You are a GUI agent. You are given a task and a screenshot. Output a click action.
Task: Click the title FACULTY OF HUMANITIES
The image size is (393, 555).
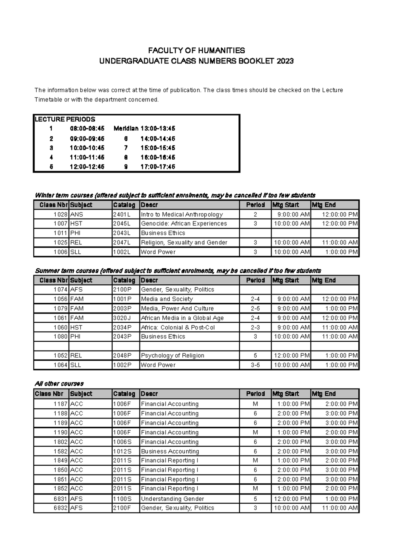point(196,50)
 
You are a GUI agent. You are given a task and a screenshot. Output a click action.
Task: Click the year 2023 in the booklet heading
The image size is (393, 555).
point(285,61)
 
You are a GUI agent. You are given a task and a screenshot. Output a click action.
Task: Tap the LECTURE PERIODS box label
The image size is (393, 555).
point(65,119)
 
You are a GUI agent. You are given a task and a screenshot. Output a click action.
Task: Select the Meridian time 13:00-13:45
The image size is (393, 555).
point(158,129)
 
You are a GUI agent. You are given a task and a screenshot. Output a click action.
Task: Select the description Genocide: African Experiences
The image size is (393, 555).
point(184,224)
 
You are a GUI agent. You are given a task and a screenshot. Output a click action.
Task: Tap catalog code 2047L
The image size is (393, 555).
point(122,242)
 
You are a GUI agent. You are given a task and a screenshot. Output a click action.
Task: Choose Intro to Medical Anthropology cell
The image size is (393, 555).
point(182,215)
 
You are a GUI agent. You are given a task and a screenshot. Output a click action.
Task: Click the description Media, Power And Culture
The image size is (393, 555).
point(177,309)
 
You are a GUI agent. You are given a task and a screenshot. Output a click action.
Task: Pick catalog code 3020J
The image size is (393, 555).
point(122,318)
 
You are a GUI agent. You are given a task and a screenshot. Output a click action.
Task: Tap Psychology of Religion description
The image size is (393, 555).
point(173,356)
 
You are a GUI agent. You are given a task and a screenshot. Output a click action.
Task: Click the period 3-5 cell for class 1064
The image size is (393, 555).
point(255,365)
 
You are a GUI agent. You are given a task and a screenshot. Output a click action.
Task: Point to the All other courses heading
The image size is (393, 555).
point(59,384)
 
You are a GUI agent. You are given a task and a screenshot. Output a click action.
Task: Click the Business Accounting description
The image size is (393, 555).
point(170,451)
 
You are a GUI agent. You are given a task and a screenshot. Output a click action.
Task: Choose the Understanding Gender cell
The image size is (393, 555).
point(172,499)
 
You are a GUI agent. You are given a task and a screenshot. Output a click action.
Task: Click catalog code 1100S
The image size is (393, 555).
point(122,499)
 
